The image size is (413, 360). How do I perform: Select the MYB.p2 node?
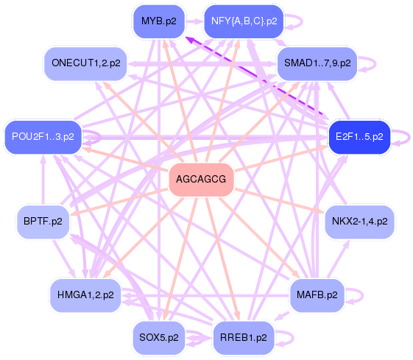click(158, 21)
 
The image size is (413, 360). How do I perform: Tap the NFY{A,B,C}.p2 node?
click(244, 21)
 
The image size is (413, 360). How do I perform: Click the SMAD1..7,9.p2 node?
click(317, 63)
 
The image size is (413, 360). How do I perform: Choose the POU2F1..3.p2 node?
click(43, 136)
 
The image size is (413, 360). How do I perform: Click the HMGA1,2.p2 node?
click(85, 295)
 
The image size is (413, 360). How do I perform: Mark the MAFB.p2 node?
click(317, 294)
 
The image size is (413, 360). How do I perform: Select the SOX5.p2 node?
click(158, 339)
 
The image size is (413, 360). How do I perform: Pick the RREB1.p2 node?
click(244, 339)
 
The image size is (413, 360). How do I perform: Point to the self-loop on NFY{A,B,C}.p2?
click(294, 21)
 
